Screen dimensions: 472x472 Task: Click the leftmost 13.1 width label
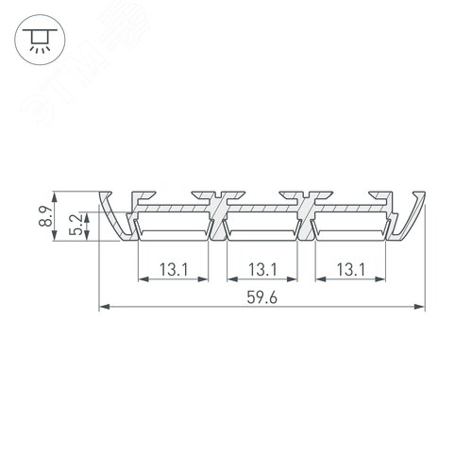coord(173,268)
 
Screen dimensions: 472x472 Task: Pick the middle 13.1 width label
coord(261,268)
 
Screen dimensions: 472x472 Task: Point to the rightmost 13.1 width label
coord(350,268)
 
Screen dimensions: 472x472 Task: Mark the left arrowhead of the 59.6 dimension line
coord(103,307)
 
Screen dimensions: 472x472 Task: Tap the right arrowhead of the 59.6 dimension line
coord(420,307)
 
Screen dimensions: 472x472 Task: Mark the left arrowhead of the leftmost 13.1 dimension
coord(143,278)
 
